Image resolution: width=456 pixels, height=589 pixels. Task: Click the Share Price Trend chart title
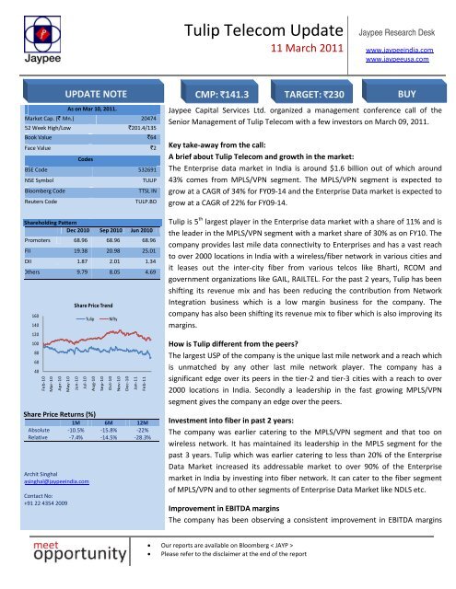[88, 303]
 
